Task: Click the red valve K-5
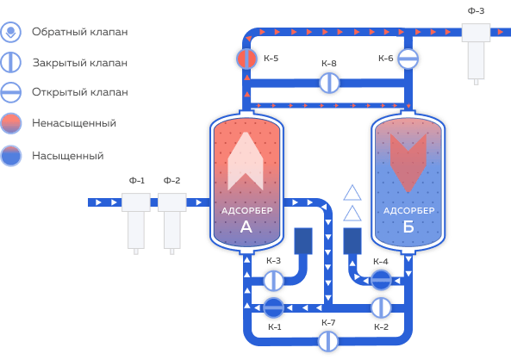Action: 246,59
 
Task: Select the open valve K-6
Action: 408,59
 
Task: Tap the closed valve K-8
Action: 329,83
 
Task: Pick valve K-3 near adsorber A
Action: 273,281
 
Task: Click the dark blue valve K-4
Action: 381,280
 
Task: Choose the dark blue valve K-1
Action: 273,307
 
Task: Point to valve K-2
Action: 381,307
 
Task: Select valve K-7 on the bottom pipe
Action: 328,341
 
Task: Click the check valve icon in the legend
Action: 10,32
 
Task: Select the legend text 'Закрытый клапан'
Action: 80,63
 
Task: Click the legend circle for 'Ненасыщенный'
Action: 11,123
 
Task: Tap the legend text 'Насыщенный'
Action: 68,156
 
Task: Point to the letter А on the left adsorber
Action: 246,227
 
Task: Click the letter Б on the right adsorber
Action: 408,227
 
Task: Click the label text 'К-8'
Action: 329,63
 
